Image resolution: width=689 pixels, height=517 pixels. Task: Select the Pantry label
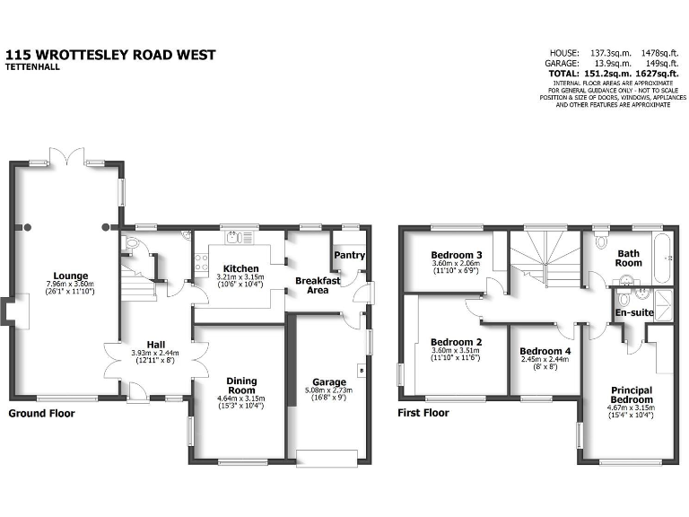point(349,255)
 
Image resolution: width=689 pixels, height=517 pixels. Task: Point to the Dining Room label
point(241,385)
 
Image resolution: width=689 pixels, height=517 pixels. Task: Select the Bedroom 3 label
point(457,255)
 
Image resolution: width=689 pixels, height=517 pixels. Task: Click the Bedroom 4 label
point(545,350)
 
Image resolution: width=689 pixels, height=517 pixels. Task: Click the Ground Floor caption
point(42,414)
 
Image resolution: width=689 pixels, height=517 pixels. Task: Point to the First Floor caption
point(423,414)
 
